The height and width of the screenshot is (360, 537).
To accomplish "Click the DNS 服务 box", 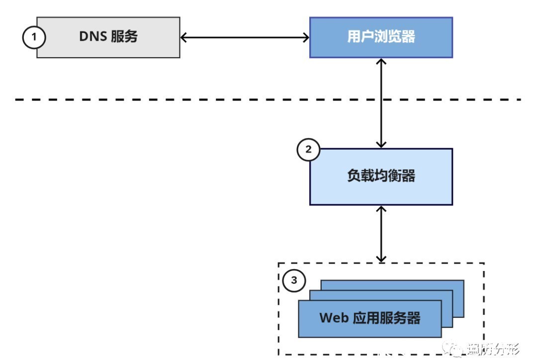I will pos(108,37).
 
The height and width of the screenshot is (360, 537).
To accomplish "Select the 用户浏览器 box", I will pos(381,37).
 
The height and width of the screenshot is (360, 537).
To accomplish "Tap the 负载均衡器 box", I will pos(381,177).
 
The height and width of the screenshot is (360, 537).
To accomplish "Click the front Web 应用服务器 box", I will pos(369,319).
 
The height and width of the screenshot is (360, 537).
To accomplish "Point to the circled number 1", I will pos(34,37).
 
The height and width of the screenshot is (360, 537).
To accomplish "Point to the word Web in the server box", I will pos(334,318).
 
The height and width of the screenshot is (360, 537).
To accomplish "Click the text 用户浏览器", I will pos(381,37).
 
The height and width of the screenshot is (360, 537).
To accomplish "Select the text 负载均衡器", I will pos(381,177).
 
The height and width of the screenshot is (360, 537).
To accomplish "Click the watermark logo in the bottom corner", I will pos(456,349).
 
